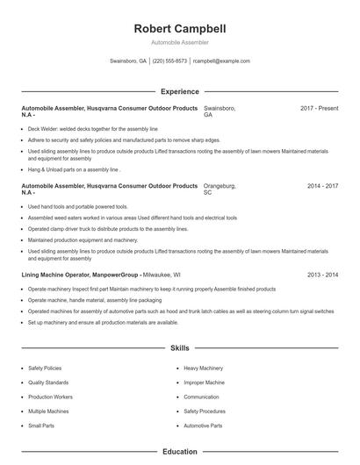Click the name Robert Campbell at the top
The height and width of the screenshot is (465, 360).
click(179, 27)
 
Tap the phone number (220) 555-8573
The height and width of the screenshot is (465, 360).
click(171, 61)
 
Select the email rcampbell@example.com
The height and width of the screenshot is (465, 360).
click(221, 61)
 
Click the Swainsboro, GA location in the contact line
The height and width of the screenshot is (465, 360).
click(128, 61)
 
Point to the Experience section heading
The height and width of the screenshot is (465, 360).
click(179, 91)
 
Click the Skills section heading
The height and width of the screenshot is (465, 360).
click(179, 348)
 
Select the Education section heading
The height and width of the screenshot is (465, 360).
click(179, 452)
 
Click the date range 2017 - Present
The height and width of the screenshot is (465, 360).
click(319, 108)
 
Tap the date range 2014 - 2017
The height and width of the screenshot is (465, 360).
click(322, 186)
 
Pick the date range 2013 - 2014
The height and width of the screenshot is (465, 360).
click(322, 275)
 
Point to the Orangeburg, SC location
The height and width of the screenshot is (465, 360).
click(220, 190)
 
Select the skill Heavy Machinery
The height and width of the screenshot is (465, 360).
click(204, 368)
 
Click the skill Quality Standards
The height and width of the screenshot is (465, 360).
click(48, 383)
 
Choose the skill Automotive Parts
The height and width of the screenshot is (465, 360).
click(203, 425)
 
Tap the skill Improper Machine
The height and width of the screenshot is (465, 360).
click(204, 383)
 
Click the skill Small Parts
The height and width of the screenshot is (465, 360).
click(40, 425)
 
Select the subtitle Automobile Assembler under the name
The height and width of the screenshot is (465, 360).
click(179, 42)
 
